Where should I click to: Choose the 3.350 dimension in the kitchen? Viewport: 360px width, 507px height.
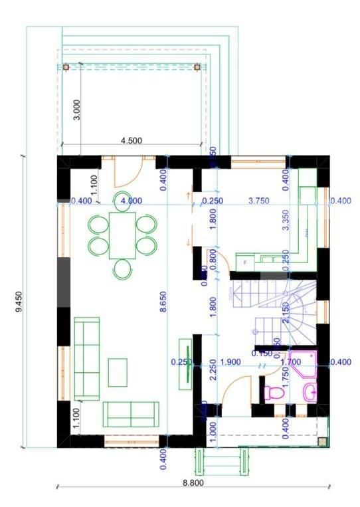pyautogui.click(x=286, y=219)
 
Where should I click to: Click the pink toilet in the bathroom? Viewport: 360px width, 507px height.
pyautogui.click(x=273, y=393)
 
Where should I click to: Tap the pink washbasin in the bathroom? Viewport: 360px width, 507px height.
pyautogui.click(x=309, y=392)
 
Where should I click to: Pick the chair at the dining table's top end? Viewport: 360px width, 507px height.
pyautogui.click(x=122, y=201)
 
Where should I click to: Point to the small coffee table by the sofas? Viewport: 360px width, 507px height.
pyautogui.click(x=118, y=372)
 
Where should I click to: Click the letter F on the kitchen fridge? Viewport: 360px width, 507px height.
pyautogui.click(x=246, y=263)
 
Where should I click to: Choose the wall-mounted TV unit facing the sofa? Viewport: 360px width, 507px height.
pyautogui.click(x=187, y=362)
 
